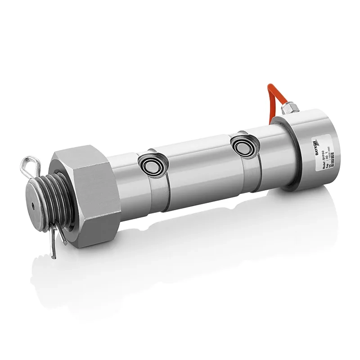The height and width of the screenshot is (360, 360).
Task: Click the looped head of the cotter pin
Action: [x=28, y=165]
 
